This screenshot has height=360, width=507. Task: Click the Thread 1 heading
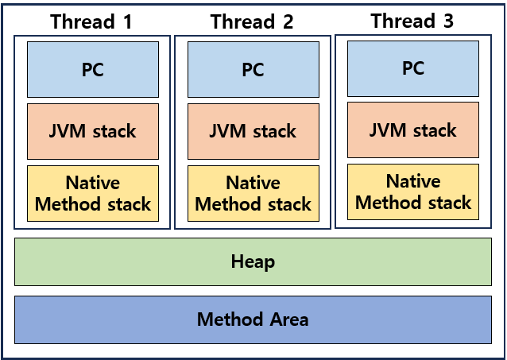(91, 21)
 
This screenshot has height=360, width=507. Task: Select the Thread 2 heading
(252, 21)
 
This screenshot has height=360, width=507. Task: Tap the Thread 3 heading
(412, 21)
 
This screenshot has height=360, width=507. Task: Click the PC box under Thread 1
(93, 69)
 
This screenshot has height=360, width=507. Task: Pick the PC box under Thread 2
(253, 69)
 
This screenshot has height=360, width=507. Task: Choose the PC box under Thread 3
(413, 68)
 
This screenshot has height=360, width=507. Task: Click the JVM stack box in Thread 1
(93, 131)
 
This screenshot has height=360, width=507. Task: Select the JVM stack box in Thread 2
(253, 131)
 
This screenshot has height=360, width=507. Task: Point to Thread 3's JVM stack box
(413, 130)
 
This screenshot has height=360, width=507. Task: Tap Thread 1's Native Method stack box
(93, 193)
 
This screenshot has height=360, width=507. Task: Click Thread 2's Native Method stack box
(253, 193)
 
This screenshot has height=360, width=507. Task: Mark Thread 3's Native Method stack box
(413, 192)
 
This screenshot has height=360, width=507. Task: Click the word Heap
(253, 262)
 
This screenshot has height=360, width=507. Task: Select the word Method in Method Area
(230, 319)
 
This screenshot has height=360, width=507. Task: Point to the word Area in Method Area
(289, 319)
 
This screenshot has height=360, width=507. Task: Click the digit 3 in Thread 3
(448, 21)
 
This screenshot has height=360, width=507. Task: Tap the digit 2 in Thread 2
(288, 22)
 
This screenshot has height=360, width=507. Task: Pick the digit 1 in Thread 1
(128, 22)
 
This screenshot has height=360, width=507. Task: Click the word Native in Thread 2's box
(253, 183)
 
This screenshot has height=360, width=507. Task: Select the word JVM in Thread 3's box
(388, 130)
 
